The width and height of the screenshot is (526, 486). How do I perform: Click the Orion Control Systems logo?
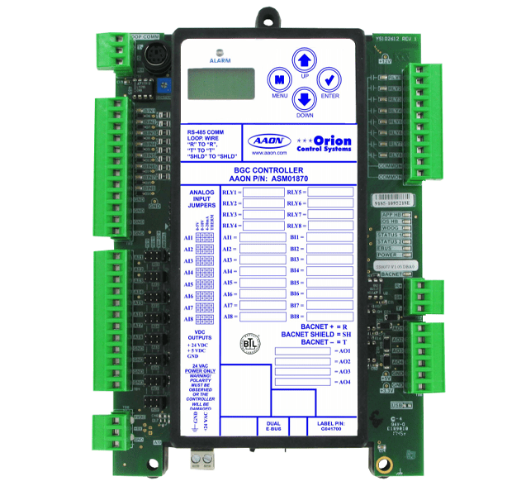[324, 143]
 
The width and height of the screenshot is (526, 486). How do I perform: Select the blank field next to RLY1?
[262, 192]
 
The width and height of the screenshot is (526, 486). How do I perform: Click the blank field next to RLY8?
[330, 226]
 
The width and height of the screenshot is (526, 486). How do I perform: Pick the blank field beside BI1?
[330, 237]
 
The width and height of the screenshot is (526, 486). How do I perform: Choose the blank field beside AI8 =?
[262, 317]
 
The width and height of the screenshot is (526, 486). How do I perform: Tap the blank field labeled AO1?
[302, 350]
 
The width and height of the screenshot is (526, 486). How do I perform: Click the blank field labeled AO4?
[302, 381]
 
